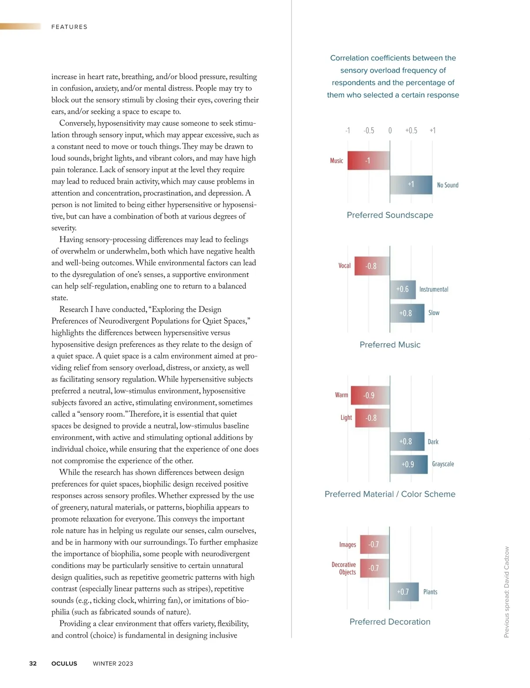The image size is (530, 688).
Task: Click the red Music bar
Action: click(368, 161)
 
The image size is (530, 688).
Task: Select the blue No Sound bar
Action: click(411, 185)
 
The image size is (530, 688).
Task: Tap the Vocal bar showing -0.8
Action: click(372, 266)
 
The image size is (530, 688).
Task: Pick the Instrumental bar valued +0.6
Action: click(402, 289)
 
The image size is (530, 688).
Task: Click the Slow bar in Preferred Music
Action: click(407, 313)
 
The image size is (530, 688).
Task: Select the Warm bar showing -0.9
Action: click(370, 395)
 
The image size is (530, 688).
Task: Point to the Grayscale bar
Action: click(409, 464)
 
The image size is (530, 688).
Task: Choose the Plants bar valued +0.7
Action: click(404, 592)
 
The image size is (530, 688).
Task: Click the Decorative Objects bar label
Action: click(344, 568)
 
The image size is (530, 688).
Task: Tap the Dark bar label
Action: click(433, 442)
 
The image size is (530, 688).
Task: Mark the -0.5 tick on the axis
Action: click(369, 130)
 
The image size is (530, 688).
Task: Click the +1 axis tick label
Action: click(432, 130)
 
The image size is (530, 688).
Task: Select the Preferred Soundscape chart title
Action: click(390, 215)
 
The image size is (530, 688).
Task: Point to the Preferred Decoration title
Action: click(390, 622)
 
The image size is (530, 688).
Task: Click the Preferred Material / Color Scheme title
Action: click(390, 494)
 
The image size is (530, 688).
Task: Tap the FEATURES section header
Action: click(69, 27)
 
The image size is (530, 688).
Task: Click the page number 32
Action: click(33, 663)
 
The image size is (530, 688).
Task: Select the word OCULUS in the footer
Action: click(64, 663)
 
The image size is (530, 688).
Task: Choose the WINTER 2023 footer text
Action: click(113, 663)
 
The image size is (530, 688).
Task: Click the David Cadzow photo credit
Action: click(507, 592)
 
